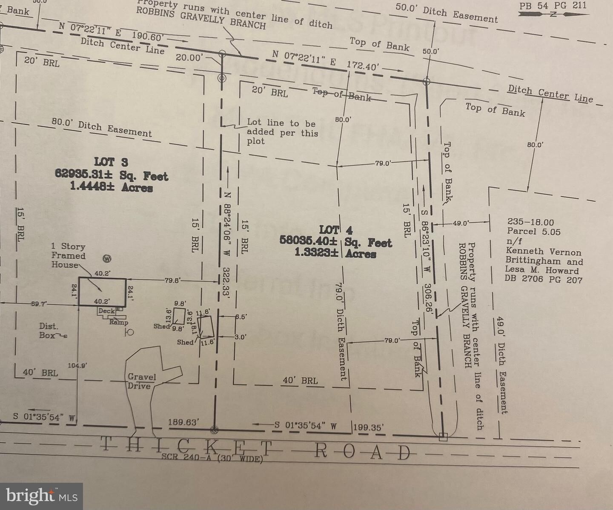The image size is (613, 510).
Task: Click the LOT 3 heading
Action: tap(111, 162)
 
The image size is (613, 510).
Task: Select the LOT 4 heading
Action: tap(336, 230)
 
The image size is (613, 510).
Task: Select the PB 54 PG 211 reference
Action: tap(553, 6)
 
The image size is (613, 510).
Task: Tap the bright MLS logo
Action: tap(41, 496)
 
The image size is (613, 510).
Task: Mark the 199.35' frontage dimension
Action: tap(369, 427)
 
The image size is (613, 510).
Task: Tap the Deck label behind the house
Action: tap(106, 311)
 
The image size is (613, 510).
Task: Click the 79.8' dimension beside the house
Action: tap(173, 280)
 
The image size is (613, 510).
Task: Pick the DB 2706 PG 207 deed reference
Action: tap(543, 279)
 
